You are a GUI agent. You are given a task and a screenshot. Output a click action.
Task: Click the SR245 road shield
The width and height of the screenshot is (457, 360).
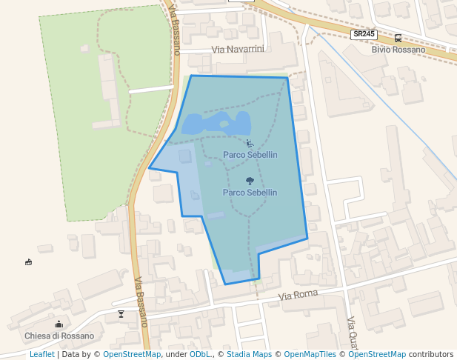[x=363, y=34]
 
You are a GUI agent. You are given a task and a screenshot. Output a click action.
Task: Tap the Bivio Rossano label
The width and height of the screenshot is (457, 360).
[x=398, y=50]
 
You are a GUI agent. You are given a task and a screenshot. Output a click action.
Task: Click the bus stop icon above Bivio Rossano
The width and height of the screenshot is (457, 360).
[x=398, y=38]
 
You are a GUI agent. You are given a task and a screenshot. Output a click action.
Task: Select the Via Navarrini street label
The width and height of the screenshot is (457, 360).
[x=238, y=49]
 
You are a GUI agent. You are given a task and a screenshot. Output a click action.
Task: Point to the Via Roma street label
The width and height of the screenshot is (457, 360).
[x=298, y=295]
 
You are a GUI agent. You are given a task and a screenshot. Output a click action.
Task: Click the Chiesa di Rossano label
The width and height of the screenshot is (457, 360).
[x=59, y=336]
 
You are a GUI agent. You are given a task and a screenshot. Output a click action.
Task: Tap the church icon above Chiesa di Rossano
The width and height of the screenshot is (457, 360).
[x=59, y=324]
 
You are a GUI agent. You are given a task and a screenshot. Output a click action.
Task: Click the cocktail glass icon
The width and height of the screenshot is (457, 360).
[x=121, y=314]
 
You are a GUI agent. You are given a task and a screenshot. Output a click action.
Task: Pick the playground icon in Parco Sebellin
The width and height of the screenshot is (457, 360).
[x=250, y=143]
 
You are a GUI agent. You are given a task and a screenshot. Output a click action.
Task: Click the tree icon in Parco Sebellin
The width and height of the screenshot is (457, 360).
[x=250, y=180]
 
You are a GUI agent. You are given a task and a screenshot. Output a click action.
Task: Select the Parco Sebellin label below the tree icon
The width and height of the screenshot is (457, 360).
[x=250, y=193]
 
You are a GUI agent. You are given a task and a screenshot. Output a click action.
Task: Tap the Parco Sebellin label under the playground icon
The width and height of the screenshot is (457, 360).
[x=250, y=155]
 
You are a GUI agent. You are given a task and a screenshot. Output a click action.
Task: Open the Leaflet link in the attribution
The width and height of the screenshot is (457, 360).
[x=41, y=354]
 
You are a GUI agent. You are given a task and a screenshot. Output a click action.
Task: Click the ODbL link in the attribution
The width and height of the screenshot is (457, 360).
[x=200, y=354]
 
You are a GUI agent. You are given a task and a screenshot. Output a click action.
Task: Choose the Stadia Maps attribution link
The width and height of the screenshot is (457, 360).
[x=247, y=354]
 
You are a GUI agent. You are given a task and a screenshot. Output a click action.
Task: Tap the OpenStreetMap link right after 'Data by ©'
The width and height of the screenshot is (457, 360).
[x=132, y=354]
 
